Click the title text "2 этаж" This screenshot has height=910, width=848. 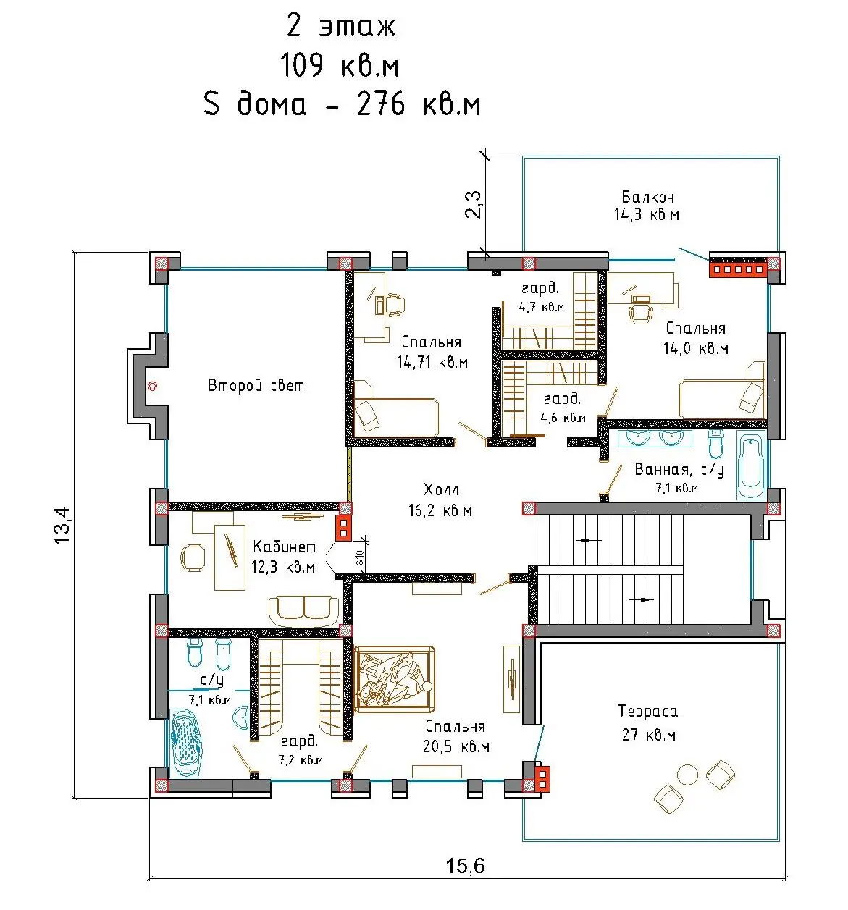click(x=340, y=25)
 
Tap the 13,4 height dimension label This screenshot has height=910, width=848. click(x=62, y=525)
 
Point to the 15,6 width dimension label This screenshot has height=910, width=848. click(x=465, y=866)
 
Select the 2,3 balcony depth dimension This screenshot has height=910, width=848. click(x=474, y=204)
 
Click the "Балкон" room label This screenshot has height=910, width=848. click(x=647, y=197)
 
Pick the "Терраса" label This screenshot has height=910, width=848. click(x=647, y=711)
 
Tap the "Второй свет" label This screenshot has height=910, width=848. click(x=256, y=385)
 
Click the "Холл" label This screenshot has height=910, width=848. click(x=441, y=489)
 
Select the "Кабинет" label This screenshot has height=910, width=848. click(x=284, y=547)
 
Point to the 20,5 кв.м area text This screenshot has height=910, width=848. click(x=456, y=746)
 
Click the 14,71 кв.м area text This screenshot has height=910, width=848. click(x=432, y=362)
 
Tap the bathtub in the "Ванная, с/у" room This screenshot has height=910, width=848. click(x=751, y=464)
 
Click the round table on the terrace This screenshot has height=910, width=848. click(x=687, y=775)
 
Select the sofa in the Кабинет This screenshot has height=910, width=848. click(x=303, y=611)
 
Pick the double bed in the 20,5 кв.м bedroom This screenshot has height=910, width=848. click(x=394, y=679)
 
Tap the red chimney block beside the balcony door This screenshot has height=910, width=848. click(x=738, y=269)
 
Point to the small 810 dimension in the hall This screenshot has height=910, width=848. click(x=360, y=557)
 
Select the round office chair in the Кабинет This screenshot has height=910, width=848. click(x=193, y=557)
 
